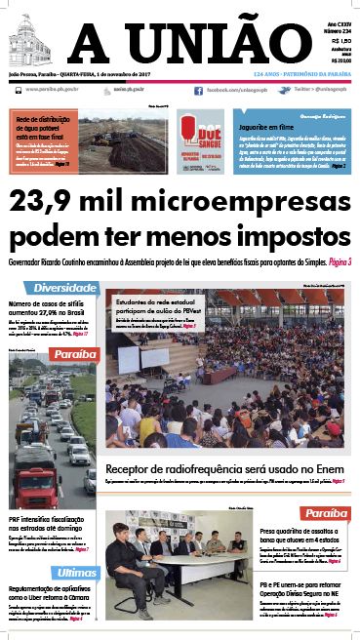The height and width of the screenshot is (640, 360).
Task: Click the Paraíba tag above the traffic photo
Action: [74, 353]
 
